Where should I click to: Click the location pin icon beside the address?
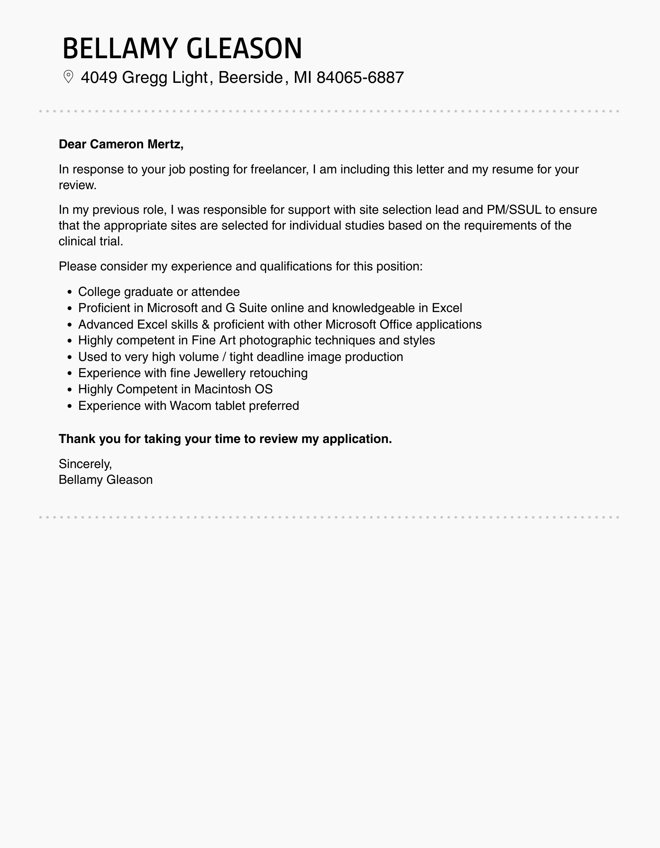(x=68, y=77)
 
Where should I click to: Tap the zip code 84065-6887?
(x=360, y=77)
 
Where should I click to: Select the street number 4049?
(x=99, y=77)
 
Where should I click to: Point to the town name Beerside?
(x=250, y=77)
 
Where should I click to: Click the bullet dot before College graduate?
(x=70, y=292)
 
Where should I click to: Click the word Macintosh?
(x=222, y=389)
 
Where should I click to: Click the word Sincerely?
(x=85, y=464)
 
